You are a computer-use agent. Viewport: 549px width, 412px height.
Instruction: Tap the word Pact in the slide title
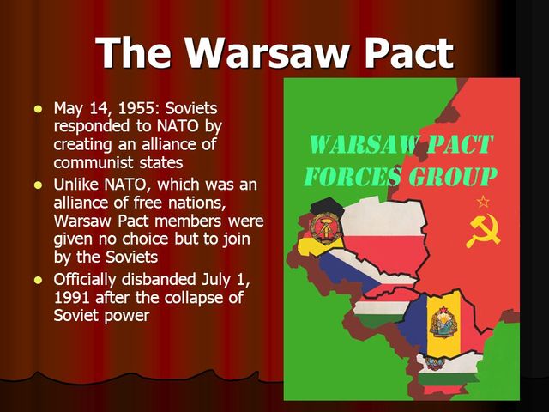click(x=404, y=53)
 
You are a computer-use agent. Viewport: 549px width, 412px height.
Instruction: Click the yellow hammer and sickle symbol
click(x=483, y=230)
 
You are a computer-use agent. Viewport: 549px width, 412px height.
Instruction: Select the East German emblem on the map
click(x=327, y=227)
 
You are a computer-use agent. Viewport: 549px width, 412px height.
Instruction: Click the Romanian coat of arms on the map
click(x=443, y=322)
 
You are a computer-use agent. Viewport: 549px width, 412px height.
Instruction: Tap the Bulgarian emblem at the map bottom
click(x=435, y=362)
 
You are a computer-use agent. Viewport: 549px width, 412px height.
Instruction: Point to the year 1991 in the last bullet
click(x=72, y=297)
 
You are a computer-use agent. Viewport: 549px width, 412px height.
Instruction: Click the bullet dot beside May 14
click(x=37, y=109)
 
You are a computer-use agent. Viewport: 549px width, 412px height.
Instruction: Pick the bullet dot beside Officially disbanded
click(x=37, y=281)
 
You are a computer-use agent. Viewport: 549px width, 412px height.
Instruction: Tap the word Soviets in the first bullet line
click(x=188, y=108)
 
